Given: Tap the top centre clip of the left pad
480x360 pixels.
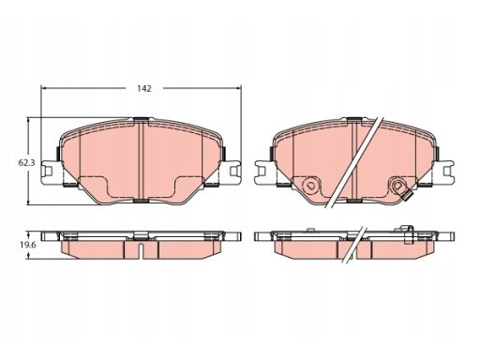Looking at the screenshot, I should click(141, 118).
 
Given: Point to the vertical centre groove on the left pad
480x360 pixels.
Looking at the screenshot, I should click(141, 159).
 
